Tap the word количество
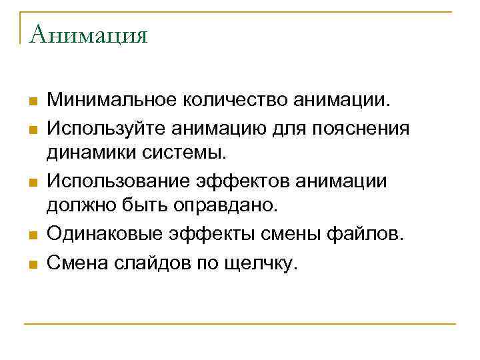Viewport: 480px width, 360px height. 227,100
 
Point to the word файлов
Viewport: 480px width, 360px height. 370,236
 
